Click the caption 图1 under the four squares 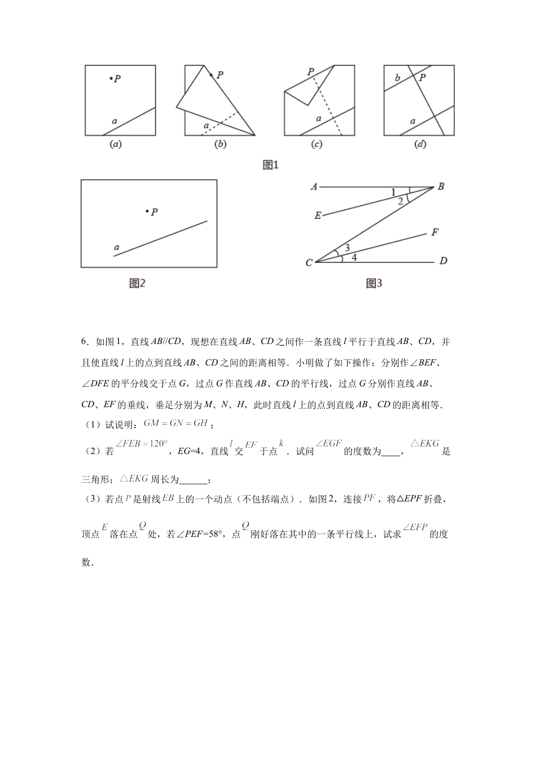tap(271, 165)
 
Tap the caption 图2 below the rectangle tap(138, 283)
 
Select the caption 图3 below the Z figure tap(374, 283)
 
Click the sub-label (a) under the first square tap(116, 144)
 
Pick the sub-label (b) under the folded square tap(220, 144)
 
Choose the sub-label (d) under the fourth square tap(420, 144)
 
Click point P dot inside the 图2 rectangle tap(147, 211)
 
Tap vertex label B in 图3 tap(441, 187)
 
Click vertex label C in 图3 tap(309, 263)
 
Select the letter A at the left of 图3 tap(314, 187)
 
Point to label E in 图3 tap(318, 215)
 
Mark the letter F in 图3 tap(434, 232)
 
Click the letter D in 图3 tap(443, 261)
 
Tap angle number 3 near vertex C tap(347, 248)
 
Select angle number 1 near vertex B tap(393, 192)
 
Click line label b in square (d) tap(397, 78)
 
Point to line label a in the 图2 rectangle tap(117, 247)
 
